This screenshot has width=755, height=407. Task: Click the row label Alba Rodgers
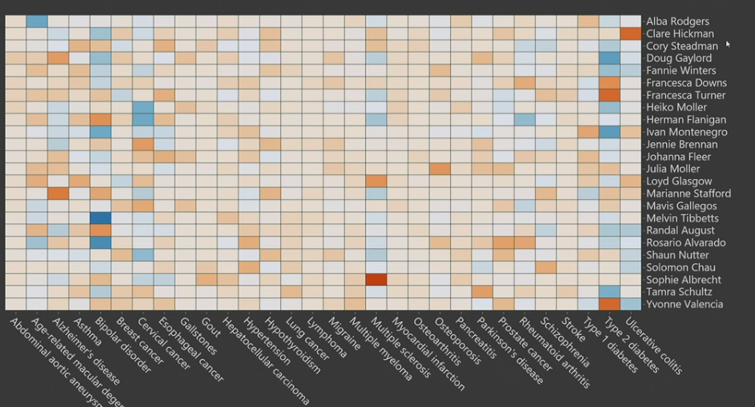tap(677, 22)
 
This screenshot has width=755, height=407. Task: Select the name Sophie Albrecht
tap(683, 280)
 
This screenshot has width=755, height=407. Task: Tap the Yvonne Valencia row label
tap(685, 304)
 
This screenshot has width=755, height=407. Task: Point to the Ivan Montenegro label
tap(686, 132)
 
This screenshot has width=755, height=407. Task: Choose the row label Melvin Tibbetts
tap(682, 218)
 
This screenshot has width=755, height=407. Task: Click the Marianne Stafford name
tap(688, 194)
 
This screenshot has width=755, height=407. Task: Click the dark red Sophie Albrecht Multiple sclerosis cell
tap(376, 280)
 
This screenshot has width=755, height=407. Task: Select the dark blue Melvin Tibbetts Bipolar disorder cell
tap(100, 218)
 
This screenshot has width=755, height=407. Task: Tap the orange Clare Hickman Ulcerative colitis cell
tap(631, 34)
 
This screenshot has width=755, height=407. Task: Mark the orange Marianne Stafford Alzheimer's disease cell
tap(58, 194)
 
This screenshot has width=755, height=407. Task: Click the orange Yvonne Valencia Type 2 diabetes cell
tap(609, 304)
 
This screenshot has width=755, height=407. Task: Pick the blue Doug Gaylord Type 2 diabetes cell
tap(609, 58)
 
